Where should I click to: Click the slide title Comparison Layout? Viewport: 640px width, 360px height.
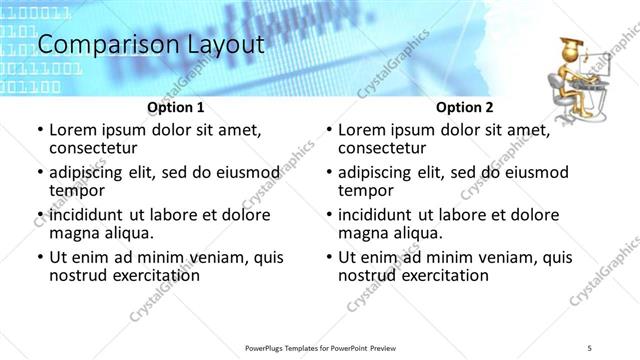click(x=150, y=45)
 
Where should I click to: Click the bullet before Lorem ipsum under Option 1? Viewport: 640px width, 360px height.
click(x=39, y=131)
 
